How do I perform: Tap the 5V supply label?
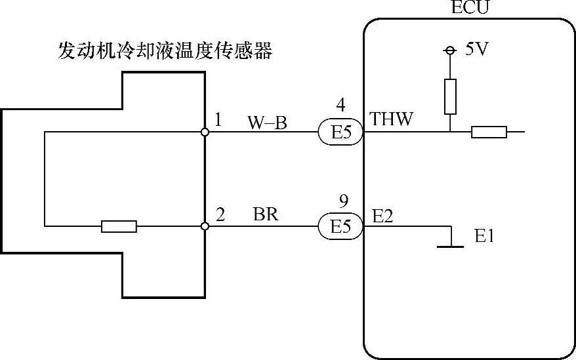[x=477, y=50]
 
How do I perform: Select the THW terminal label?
[x=392, y=119]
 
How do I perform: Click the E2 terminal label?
[x=382, y=216]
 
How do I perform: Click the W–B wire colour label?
[x=267, y=122]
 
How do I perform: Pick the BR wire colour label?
[x=266, y=215]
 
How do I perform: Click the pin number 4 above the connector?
[x=340, y=105]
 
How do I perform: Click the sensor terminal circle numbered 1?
[x=205, y=132]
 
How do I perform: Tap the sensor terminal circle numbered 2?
[x=205, y=226]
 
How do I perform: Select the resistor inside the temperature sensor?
[x=119, y=226]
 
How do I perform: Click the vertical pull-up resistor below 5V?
[x=450, y=96]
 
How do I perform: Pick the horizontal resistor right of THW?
[x=489, y=132]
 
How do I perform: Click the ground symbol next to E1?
[x=451, y=243]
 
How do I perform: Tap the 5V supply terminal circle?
[x=450, y=50]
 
